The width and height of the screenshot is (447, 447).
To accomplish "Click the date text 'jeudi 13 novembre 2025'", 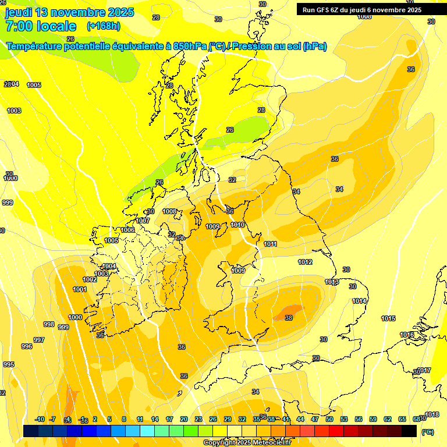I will pos(69,12).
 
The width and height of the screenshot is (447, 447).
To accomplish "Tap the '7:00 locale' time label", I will pos(40,26).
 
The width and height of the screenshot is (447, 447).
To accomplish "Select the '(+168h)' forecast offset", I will pos(103,26).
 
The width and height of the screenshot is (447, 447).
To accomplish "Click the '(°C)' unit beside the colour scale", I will pos(427,432).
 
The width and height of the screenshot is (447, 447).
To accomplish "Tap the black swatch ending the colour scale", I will pos(409,431).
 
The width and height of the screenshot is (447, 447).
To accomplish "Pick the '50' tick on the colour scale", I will pos(329,419).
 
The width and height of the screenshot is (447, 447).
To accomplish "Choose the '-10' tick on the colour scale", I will pos(40,419).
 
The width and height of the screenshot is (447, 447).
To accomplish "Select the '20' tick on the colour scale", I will pos(184,419).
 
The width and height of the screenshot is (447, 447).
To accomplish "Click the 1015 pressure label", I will pos(388,318).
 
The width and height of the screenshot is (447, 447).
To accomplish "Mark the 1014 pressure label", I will pos(359,301).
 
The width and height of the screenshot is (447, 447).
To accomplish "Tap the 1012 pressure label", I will pos(306,262).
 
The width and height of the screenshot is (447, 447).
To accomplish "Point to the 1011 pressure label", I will pos(270,244).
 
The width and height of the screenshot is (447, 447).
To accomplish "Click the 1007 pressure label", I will pos(143,221).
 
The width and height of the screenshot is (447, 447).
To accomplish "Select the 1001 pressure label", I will pos(80,289).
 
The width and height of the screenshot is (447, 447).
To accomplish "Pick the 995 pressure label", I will pos(8,364).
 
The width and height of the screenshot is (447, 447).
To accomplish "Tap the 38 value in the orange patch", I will pos(289,318).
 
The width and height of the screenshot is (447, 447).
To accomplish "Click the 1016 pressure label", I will pos(407,335).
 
